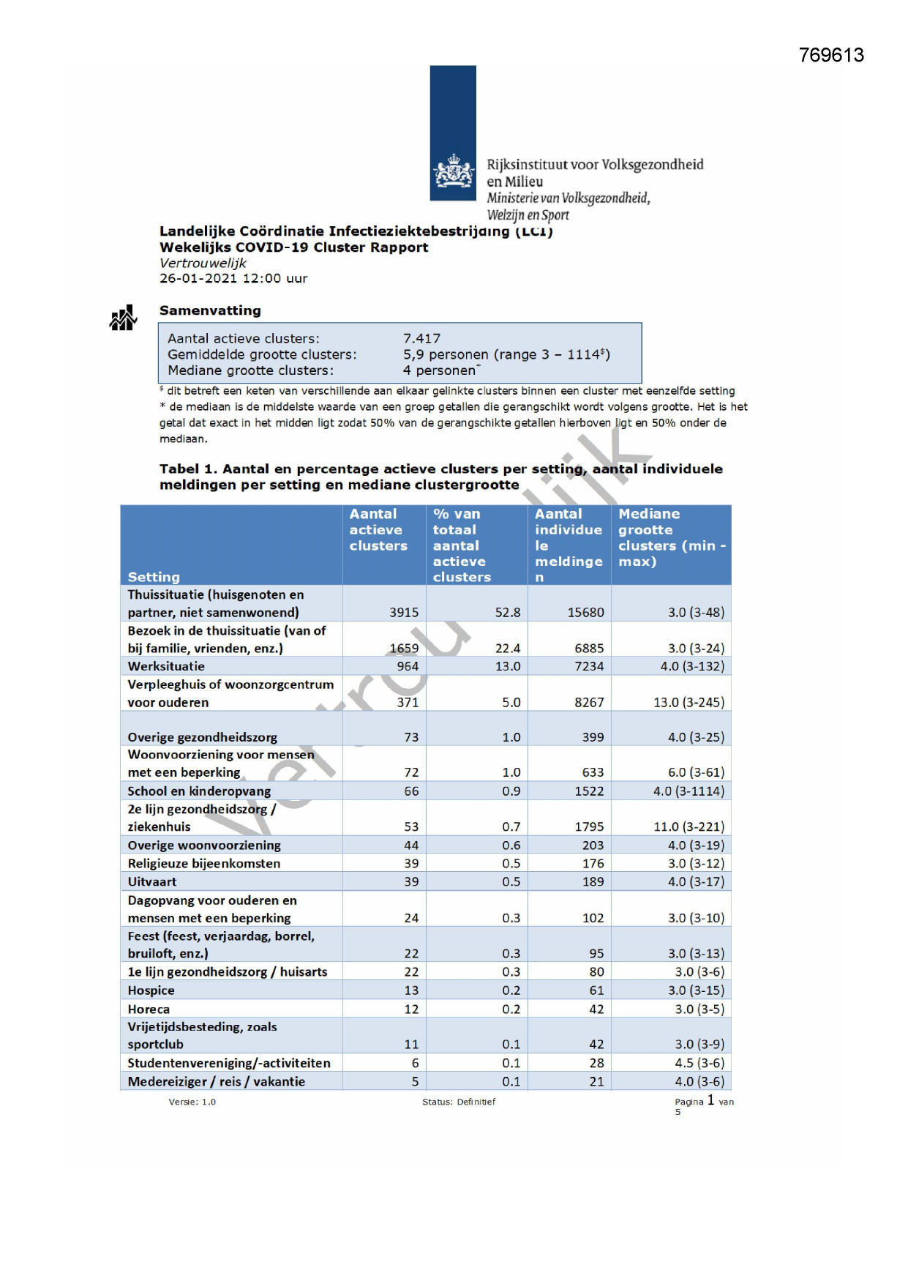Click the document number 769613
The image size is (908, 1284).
831,56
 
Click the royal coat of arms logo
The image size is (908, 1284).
454,173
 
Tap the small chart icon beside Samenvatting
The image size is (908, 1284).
123,318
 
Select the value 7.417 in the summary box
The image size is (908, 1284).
421,339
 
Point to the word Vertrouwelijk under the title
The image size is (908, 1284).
203,263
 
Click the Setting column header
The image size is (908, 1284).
154,577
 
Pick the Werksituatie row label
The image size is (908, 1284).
166,666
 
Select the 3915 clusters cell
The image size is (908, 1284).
404,612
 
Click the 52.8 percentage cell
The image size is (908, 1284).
508,612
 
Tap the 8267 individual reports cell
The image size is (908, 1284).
589,702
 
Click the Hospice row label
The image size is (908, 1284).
151,990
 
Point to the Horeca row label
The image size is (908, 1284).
149,1009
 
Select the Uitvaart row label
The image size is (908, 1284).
151,881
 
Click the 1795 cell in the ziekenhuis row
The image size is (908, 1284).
589,826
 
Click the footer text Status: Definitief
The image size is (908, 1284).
459,1102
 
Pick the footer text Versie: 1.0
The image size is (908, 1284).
192,1102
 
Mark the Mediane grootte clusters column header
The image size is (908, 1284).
670,538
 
